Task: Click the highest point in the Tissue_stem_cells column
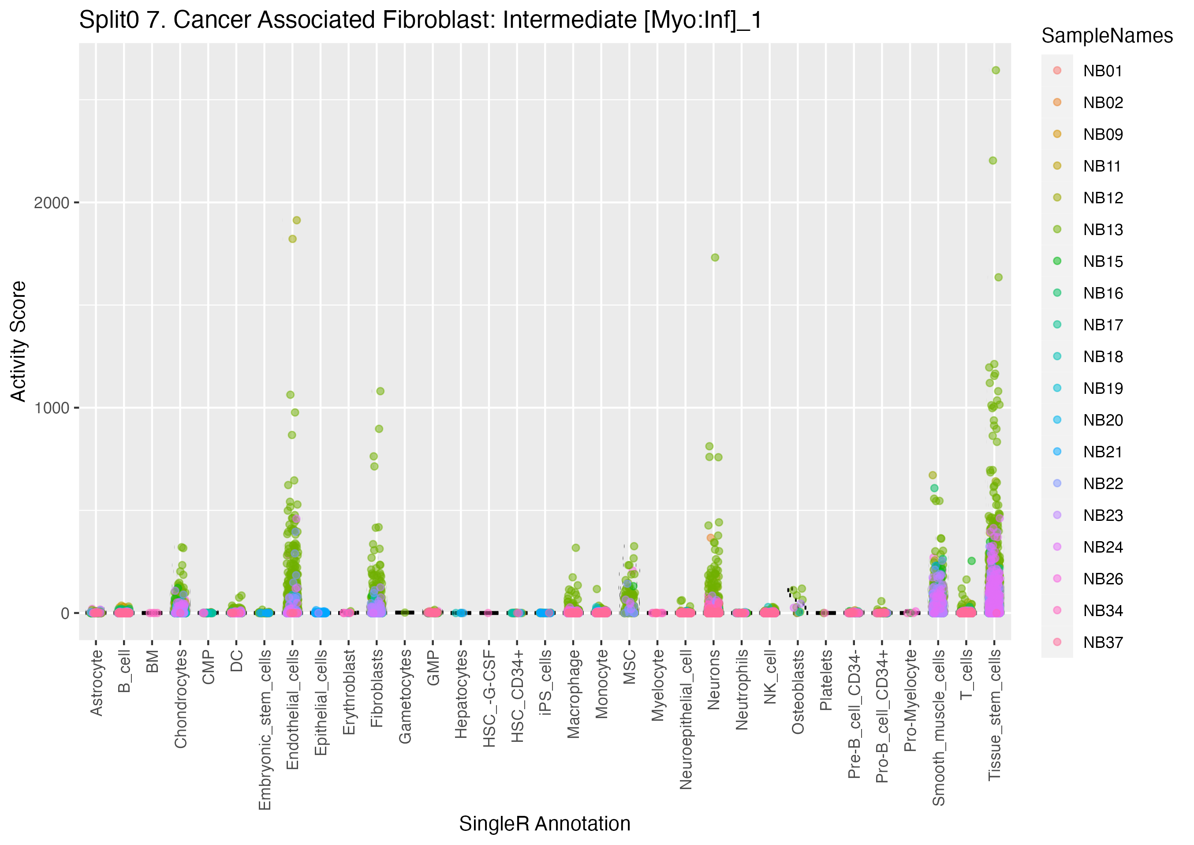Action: pos(995,70)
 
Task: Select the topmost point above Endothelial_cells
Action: pos(296,220)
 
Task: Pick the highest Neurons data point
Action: pos(715,258)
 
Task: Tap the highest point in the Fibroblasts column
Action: pos(380,391)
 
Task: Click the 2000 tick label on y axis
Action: pos(52,203)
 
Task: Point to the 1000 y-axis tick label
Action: pos(52,408)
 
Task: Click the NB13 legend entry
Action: pos(1102,229)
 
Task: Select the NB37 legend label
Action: pos(1102,643)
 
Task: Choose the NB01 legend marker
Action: pos(1057,71)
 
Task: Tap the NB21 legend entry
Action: pos(1102,452)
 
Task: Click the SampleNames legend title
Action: pos(1107,36)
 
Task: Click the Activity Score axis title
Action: pos(19,341)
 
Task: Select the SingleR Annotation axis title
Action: pos(545,824)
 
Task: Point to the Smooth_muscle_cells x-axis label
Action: pos(938,727)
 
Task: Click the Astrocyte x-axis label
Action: pos(96,683)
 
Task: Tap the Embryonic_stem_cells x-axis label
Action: pos(265,729)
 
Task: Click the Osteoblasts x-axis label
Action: pos(798,692)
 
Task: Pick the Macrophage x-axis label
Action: pos(574,694)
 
